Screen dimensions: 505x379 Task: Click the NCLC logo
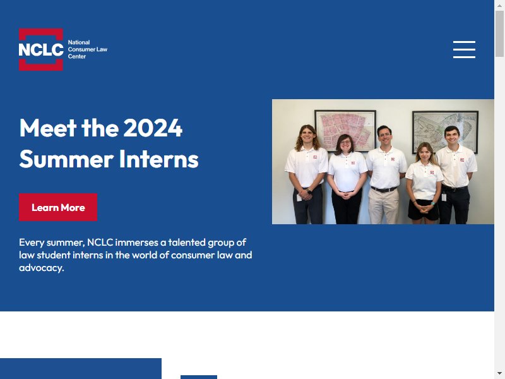tap(41, 49)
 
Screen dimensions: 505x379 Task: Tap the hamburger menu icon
tap(464, 50)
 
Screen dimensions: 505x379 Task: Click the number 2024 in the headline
tap(153, 128)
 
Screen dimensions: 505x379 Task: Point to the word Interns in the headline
tap(159, 159)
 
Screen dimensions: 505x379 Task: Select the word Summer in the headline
tap(66, 159)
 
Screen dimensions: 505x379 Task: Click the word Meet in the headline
tap(48, 128)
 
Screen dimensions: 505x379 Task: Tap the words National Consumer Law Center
tap(87, 49)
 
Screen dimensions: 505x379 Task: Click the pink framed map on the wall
tap(345, 130)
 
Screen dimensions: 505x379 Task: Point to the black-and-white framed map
tap(445, 131)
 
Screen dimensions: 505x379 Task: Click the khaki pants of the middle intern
tap(383, 207)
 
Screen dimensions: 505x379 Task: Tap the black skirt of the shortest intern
tap(423, 210)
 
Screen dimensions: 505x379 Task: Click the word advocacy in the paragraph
tap(40, 268)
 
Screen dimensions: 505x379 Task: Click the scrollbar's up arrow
tap(499, 5)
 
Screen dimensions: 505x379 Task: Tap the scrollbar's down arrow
tap(499, 374)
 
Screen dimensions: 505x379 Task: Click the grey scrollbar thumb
tap(499, 34)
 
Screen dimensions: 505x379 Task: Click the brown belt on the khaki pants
tap(384, 189)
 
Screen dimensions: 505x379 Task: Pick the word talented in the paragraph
tap(186, 243)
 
